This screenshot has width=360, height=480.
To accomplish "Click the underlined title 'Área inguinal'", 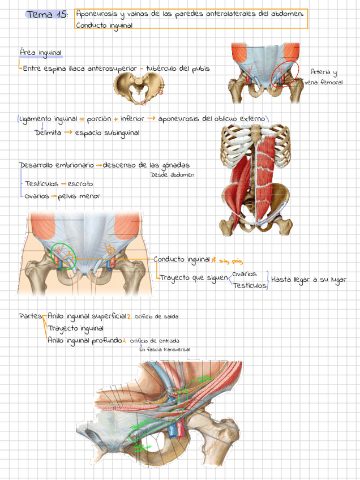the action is pyautogui.click(x=40, y=53).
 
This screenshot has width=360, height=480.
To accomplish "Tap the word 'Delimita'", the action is pyautogui.click(x=48, y=133).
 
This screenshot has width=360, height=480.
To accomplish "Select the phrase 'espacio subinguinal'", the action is pyautogui.click(x=107, y=133).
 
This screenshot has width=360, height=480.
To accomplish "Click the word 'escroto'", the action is pyautogui.click(x=80, y=184).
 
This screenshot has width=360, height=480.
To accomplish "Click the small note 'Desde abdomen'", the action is pyautogui.click(x=172, y=175).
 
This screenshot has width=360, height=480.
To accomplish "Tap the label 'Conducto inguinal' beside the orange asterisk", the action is pyautogui.click(x=181, y=260).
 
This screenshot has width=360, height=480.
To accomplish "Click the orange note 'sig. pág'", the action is pyautogui.click(x=230, y=261).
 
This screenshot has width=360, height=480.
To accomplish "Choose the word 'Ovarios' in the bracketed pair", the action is pyautogui.click(x=245, y=274).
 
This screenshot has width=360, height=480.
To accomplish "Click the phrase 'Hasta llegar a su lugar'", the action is pyautogui.click(x=308, y=280).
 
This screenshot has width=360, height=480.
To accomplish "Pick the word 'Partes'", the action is pyautogui.click(x=29, y=316).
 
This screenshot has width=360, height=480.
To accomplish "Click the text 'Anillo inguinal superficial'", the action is pyautogui.click(x=87, y=316).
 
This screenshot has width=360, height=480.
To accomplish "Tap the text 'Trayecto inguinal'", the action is pyautogui.click(x=75, y=328).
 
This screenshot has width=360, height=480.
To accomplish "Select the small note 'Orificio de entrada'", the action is pyautogui.click(x=155, y=341).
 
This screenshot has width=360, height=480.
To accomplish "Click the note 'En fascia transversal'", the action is pyautogui.click(x=164, y=350).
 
